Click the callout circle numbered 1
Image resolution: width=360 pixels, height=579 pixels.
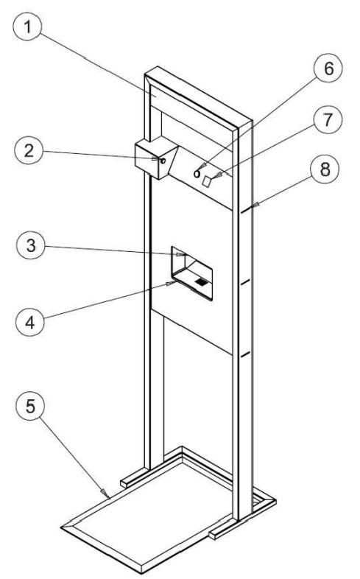coord(27,27)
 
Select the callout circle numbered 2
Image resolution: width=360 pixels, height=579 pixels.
coord(29,151)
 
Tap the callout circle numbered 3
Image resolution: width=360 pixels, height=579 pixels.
coord(31,245)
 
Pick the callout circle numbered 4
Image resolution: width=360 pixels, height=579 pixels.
coord(30,322)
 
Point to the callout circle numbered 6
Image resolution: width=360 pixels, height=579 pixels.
coord(328,69)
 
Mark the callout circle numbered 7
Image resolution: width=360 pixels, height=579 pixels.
coord(328,119)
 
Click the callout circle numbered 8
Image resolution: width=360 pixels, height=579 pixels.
coord(325,169)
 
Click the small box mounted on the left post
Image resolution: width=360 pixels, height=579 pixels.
coord(156,158)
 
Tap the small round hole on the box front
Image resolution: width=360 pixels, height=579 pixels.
coord(162,161)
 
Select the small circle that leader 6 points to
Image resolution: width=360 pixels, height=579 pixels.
coord(197,173)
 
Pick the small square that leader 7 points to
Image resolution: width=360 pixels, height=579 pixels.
coord(208,180)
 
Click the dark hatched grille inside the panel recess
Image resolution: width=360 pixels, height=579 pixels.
coord(201,282)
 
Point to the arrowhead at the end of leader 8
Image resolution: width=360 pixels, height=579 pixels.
coord(255,205)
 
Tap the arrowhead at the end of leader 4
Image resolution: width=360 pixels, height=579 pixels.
coord(171,283)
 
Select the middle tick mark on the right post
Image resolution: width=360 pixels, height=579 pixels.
coord(245,282)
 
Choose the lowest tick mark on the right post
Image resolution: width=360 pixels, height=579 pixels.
coord(245,355)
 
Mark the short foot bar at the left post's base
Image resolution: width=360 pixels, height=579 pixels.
coord(135,477)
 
